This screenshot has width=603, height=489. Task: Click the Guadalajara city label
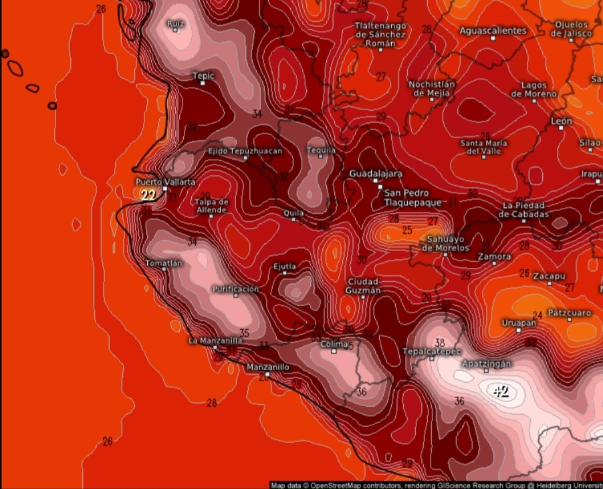coord(374,174)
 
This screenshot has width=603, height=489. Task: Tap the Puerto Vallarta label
coord(165,182)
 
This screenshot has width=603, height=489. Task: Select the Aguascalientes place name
coord(493,31)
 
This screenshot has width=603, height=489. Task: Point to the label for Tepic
coord(203,76)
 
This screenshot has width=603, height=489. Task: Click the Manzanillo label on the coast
coord(267,367)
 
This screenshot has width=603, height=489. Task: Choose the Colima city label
coord(334,344)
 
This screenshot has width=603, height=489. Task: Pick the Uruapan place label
coord(519,323)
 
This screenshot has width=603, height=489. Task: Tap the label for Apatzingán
coord(486,363)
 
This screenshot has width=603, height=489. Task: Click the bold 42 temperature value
coord(501,391)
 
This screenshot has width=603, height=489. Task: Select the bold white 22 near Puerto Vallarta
coord(148,195)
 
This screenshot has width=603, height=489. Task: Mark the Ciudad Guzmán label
coord(363,286)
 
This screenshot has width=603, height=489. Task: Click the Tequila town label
coord(321,150)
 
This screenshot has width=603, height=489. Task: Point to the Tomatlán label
coord(164,263)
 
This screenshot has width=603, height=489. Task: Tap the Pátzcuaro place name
coord(569,313)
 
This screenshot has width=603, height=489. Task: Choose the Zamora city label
coord(494,257)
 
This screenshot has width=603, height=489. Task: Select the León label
coord(561,121)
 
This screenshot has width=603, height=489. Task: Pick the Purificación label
coord(235,289)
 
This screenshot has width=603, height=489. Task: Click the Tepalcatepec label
coord(432,351)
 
